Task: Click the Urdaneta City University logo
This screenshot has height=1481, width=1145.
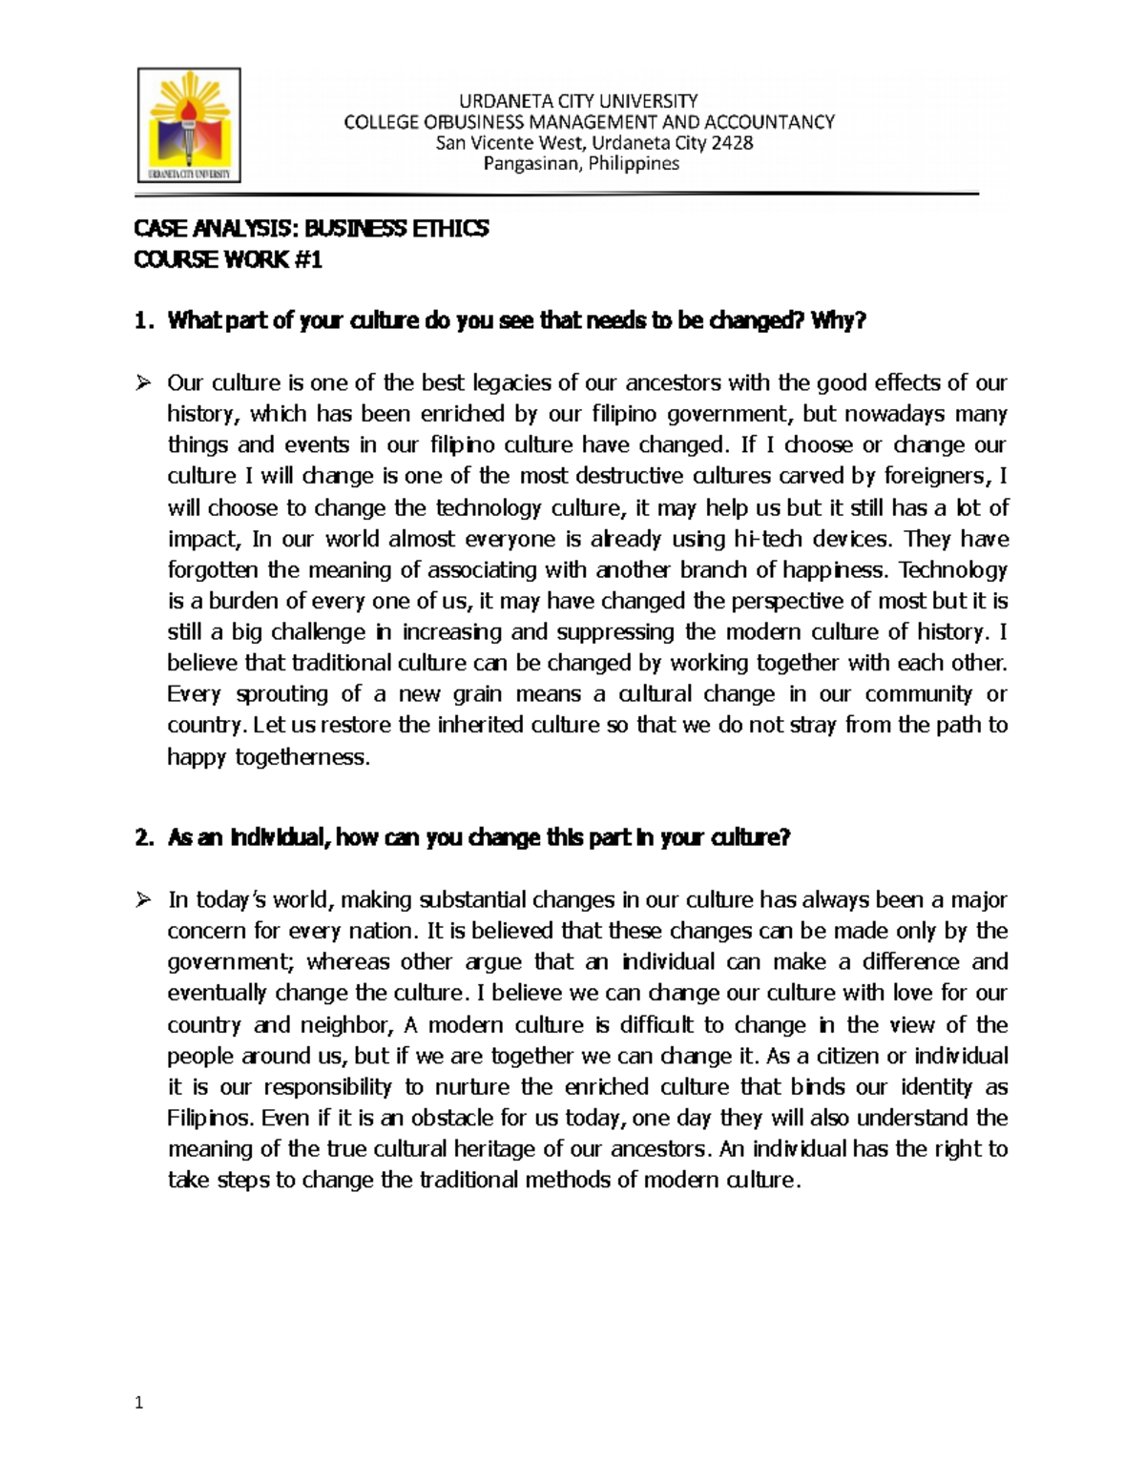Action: tap(189, 125)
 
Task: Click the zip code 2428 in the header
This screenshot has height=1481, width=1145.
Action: tap(732, 143)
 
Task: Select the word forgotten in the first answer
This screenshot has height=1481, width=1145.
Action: tap(214, 570)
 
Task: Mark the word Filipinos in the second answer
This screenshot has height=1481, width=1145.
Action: tap(210, 1118)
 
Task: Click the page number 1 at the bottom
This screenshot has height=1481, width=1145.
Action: tap(139, 1403)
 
